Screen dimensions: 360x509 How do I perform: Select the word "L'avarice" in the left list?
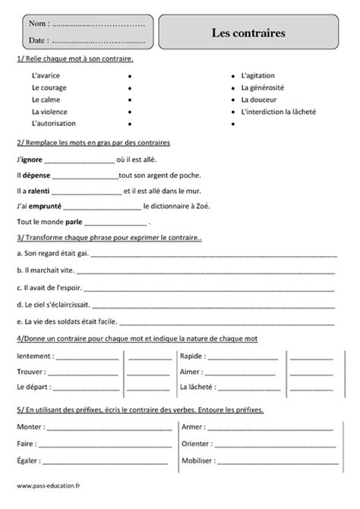click(47, 76)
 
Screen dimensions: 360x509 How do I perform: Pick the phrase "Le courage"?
click(49, 87)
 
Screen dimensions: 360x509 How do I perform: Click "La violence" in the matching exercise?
click(49, 111)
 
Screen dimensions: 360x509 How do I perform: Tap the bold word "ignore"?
click(31, 160)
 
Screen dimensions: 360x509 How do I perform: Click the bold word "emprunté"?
click(45, 206)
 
